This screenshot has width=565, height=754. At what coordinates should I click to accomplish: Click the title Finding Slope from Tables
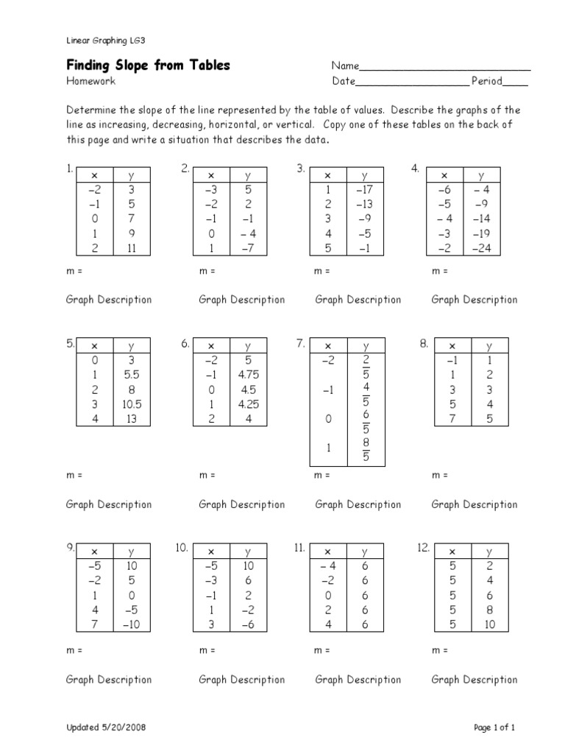tap(148, 66)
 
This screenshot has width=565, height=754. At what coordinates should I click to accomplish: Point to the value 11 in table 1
tap(132, 248)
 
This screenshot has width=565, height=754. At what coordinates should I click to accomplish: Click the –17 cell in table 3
tap(364, 189)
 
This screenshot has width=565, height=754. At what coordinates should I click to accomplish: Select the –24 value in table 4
tap(481, 248)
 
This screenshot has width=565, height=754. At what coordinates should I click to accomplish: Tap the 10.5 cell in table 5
tap(132, 404)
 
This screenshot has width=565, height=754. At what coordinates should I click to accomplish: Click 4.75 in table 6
tap(248, 375)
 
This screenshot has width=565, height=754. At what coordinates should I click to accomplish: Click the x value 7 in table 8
tap(452, 418)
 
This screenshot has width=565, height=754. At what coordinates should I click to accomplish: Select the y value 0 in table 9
tap(132, 595)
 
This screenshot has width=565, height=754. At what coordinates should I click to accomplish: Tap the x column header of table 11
tap(328, 552)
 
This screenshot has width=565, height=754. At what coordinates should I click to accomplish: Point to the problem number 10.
tap(182, 548)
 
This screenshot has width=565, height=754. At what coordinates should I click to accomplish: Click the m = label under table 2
tap(207, 271)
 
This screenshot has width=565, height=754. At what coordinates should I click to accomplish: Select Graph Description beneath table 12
tap(474, 680)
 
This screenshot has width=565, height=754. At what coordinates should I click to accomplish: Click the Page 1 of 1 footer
tap(494, 728)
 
